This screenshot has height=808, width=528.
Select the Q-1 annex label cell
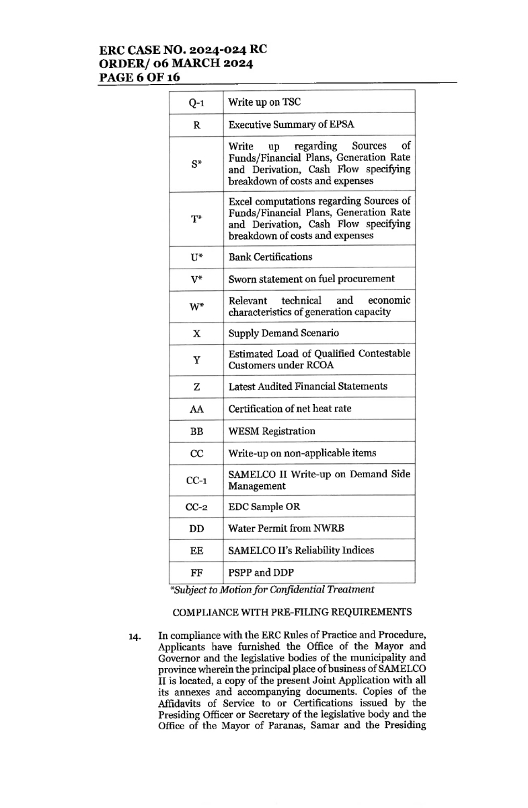pyautogui.click(x=196, y=102)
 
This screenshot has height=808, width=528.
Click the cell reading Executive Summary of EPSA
pyautogui.click(x=291, y=125)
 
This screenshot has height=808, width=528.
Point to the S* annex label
pyautogui.click(x=196, y=164)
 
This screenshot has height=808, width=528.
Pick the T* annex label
pyautogui.click(x=196, y=219)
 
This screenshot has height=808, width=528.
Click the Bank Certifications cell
pyautogui.click(x=270, y=257)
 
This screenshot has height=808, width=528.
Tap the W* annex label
pyautogui.click(x=196, y=306)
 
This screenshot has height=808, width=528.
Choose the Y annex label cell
pyautogui.click(x=196, y=360)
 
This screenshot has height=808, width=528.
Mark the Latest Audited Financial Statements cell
pyautogui.click(x=308, y=386)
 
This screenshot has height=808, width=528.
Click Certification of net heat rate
pyautogui.click(x=290, y=409)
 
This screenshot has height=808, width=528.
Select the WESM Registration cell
pyautogui.click(x=272, y=431)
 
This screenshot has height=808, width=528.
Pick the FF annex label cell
pyautogui.click(x=196, y=572)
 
